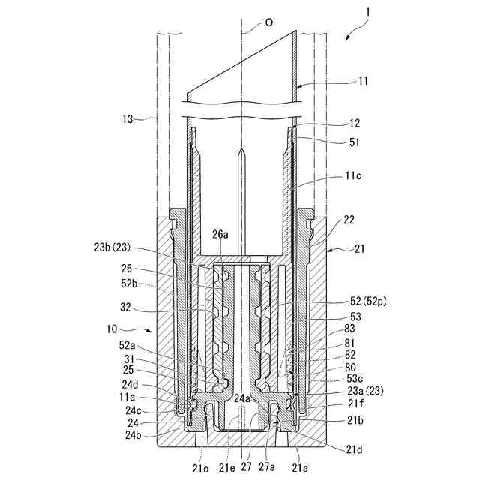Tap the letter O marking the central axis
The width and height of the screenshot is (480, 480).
[x=269, y=23]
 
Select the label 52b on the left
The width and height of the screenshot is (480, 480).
[x=130, y=283]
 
